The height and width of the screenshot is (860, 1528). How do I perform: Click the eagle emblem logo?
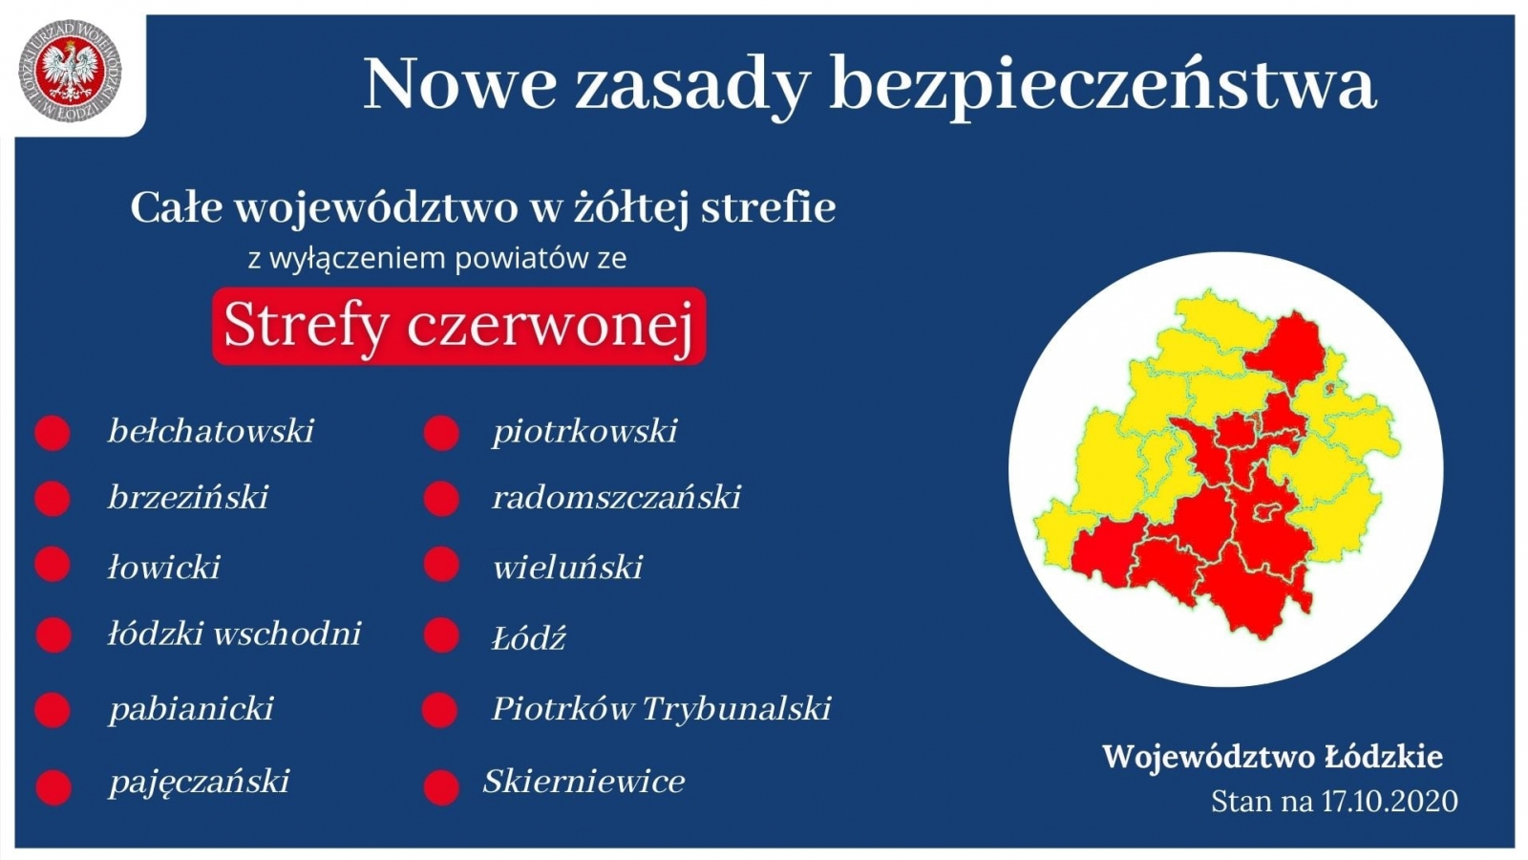(71, 71)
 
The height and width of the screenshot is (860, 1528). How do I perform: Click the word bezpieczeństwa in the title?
(1103, 85)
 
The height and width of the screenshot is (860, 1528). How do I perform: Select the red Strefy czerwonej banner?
(458, 326)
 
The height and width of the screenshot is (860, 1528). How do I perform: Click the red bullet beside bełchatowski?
(53, 433)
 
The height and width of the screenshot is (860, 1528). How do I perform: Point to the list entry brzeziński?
(188, 497)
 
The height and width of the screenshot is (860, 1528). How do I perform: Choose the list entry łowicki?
(163, 567)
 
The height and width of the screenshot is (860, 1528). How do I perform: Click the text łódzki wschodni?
(235, 634)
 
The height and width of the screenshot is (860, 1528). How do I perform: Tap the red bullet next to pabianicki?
(53, 710)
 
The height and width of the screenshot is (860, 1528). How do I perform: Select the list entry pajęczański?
(200, 781)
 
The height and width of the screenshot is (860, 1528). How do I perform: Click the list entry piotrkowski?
(585, 431)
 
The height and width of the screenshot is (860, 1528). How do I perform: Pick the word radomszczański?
(617, 497)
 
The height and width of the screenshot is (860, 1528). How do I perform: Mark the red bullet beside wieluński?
(441, 565)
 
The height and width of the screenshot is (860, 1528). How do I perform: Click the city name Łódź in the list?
(529, 637)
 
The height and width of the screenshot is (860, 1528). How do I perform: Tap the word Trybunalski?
(736, 708)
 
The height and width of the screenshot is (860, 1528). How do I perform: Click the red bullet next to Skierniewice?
(441, 787)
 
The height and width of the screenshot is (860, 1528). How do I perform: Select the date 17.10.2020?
(1390, 802)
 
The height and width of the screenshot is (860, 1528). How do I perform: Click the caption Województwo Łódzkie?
(1272, 757)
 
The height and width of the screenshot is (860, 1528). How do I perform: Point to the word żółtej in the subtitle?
(630, 207)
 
